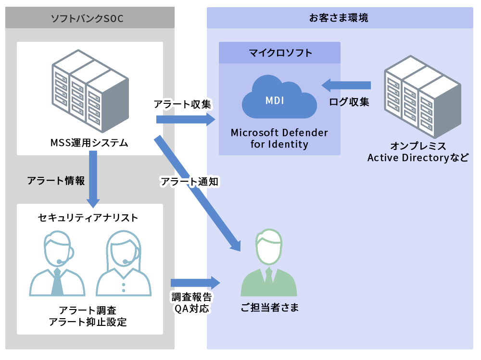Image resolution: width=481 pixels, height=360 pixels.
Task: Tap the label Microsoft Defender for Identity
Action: pyautogui.click(x=279, y=138)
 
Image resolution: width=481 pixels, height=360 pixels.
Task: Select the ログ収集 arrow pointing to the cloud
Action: pyautogui.click(x=346, y=86)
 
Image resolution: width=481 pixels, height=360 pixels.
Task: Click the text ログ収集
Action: pyautogui.click(x=349, y=102)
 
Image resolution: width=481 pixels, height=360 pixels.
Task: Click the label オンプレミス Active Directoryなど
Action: pyautogui.click(x=418, y=152)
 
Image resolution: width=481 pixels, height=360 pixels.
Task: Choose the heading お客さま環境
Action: pyautogui.click(x=339, y=18)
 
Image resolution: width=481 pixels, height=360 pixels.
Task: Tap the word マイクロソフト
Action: pyautogui.click(x=280, y=53)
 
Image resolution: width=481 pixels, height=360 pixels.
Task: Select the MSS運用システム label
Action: pyautogui.click(x=89, y=143)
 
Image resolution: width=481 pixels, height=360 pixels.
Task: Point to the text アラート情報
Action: pyautogui.click(x=56, y=181)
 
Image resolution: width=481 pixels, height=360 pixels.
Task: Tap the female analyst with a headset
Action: pyautogui.click(x=124, y=264)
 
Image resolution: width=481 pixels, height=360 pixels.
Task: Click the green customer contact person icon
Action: pyautogui.click(x=268, y=264)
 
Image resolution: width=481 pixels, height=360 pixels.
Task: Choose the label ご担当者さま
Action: pyautogui.click(x=270, y=308)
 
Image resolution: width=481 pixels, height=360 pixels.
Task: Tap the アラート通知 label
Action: pyautogui.click(x=189, y=182)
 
